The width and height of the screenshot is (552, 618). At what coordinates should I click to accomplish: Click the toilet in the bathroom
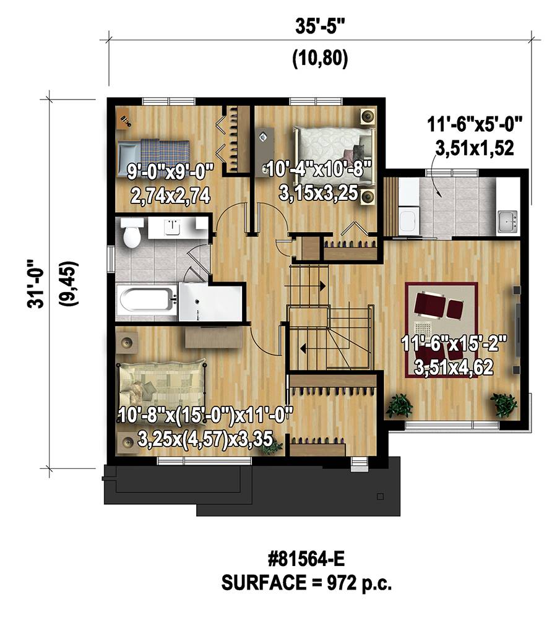(132, 233)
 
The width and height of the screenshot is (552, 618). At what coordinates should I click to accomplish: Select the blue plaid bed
(153, 155)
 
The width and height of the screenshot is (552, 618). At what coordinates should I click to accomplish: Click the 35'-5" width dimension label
(320, 27)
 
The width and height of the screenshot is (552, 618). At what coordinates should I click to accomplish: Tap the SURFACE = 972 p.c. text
(307, 583)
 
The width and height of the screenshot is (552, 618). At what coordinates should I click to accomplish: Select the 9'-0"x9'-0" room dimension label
(170, 172)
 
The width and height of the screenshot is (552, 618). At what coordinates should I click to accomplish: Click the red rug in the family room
(442, 330)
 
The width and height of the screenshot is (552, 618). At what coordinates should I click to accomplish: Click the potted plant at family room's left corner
(399, 406)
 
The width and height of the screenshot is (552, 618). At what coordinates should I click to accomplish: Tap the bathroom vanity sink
(172, 228)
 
